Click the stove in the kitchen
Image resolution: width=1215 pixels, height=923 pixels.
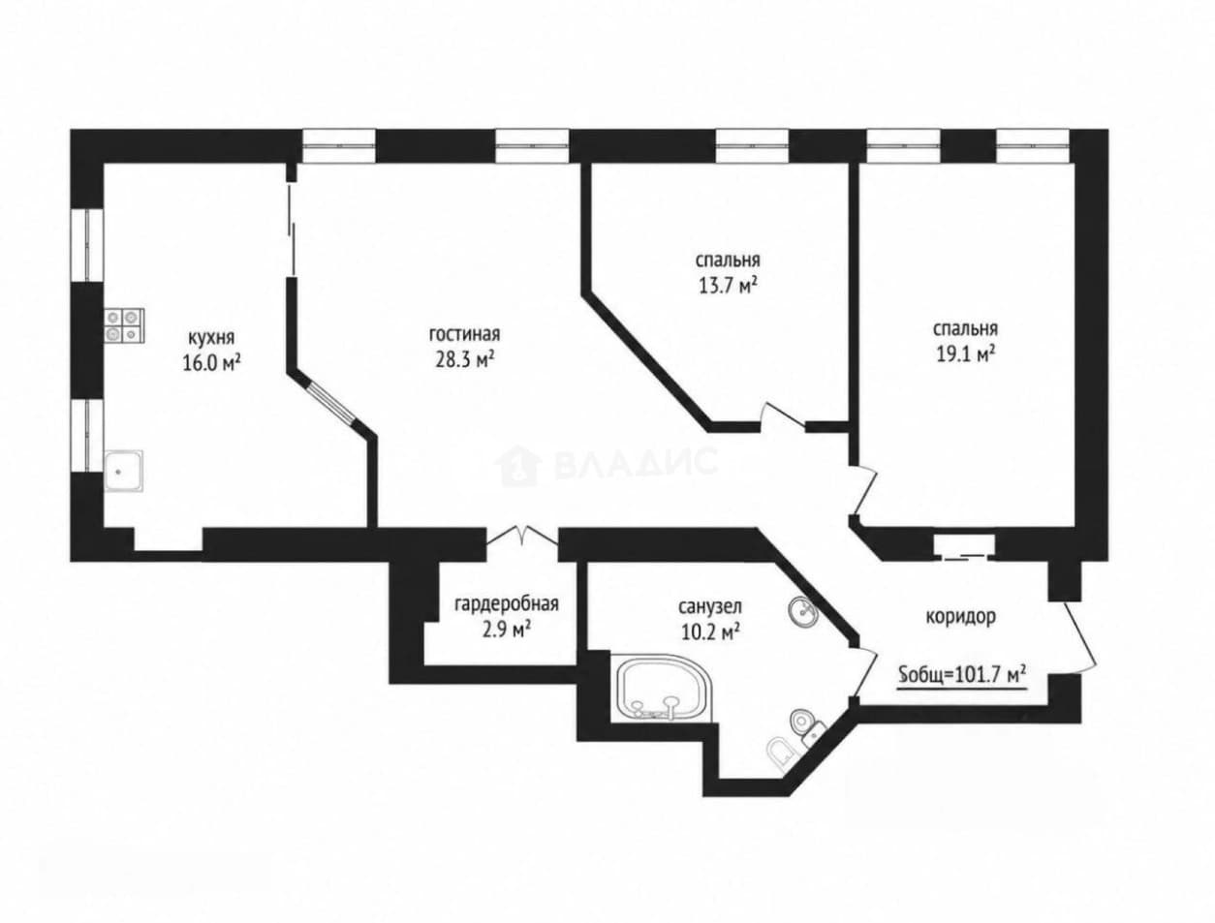124,324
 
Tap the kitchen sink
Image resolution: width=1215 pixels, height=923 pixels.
123,471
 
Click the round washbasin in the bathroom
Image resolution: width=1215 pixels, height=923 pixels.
801,611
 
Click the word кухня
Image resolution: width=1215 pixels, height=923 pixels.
211,337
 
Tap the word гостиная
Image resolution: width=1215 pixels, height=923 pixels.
464,334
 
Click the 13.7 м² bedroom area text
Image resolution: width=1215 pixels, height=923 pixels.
728,287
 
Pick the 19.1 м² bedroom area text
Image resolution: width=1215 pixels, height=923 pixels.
965,354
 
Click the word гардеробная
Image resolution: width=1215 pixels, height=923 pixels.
507,604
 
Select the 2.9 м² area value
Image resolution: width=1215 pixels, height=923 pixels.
507,631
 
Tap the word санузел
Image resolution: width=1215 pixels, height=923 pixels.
710,606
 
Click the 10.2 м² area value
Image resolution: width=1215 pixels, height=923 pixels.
711,631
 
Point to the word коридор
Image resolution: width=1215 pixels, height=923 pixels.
961,616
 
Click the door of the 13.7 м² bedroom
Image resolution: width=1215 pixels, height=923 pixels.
782,416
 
